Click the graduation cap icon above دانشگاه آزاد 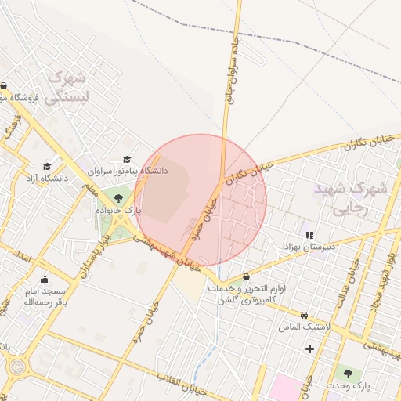pyautogui.click(x=47, y=167)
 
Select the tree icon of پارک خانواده pyautogui.click(x=118, y=198)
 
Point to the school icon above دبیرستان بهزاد pyautogui.click(x=309, y=234)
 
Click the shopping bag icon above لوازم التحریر pyautogui.click(x=247, y=276)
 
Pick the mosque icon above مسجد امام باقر pyautogui.click(x=45, y=279)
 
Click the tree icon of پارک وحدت pyautogui.click(x=348, y=373)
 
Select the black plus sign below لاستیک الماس pyautogui.click(x=310, y=348)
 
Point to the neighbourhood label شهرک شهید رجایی pyautogui.click(x=350, y=199)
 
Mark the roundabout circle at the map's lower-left pyautogui.click(x=16, y=366)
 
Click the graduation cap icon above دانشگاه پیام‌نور pyautogui.click(x=127, y=159)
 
